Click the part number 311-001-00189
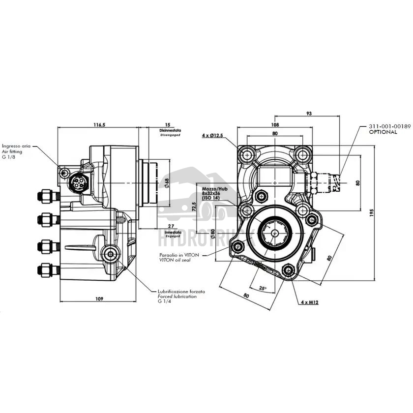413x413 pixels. coord(390,126)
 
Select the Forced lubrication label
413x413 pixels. coord(177,296)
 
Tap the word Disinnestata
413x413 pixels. coord(171,130)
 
